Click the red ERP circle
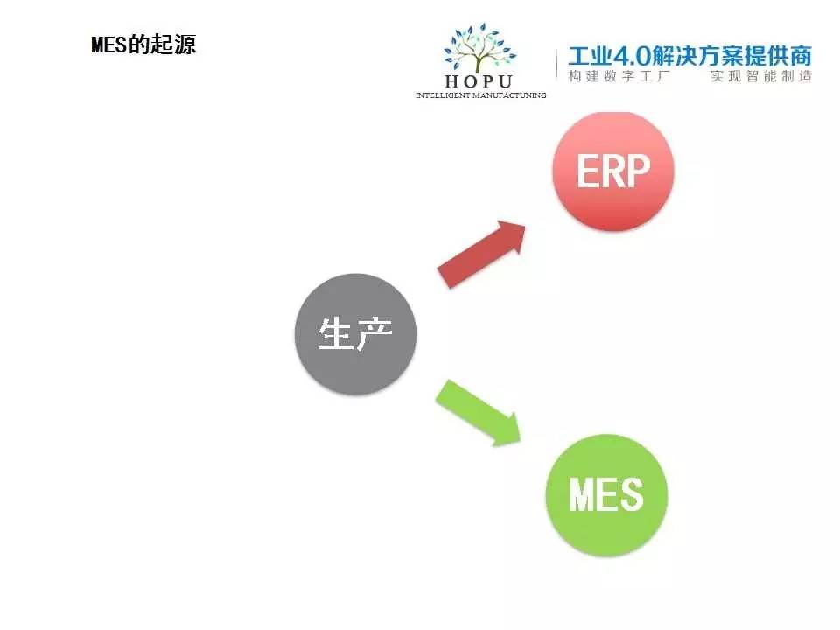(613, 171)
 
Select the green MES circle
(606, 494)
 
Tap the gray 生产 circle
(355, 333)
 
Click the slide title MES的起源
(143, 45)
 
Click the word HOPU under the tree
(479, 81)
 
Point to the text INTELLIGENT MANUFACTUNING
(481, 94)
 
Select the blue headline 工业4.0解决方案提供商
(689, 56)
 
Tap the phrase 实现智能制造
(760, 76)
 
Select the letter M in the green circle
(584, 495)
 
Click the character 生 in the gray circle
(335, 334)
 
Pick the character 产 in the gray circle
(375, 334)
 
